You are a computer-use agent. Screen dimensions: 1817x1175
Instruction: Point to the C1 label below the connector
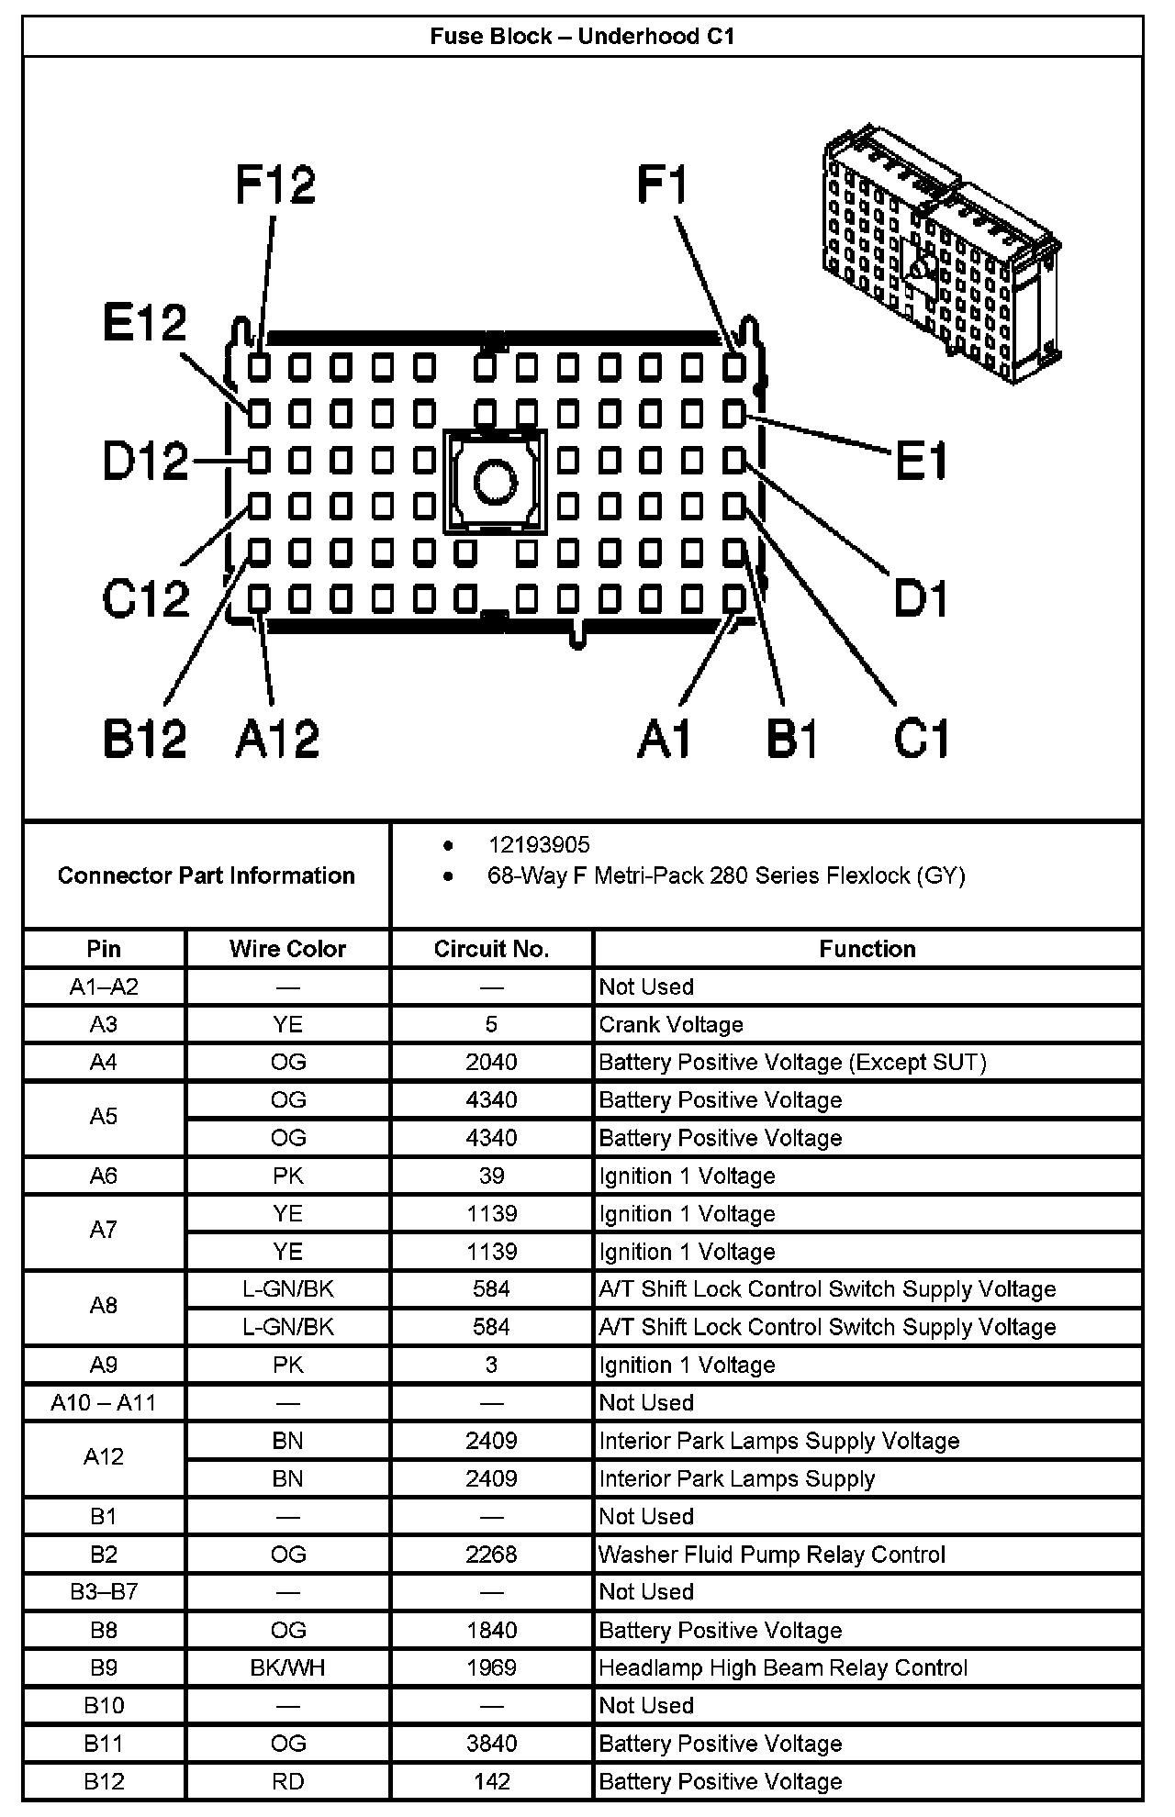click(x=921, y=738)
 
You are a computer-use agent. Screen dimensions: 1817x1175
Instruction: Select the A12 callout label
click(x=277, y=738)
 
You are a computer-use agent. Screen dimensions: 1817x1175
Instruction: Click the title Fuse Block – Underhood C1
click(x=583, y=37)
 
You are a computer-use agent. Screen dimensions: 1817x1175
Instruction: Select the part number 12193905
click(x=539, y=845)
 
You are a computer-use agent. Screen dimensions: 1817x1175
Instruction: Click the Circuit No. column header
click(x=491, y=949)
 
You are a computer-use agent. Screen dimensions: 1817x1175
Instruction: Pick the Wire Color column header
click(x=287, y=949)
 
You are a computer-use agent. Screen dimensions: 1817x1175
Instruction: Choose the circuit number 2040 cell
click(x=491, y=1063)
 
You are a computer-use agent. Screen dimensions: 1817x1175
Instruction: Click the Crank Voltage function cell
click(x=671, y=1025)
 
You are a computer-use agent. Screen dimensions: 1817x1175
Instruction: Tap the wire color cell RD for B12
click(x=287, y=1781)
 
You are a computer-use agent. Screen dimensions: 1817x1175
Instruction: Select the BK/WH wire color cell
click(x=287, y=1667)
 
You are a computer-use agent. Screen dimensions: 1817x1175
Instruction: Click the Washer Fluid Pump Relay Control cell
click(x=772, y=1555)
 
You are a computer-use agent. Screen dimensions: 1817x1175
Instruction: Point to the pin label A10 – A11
click(x=103, y=1403)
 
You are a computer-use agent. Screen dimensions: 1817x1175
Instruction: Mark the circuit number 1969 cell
click(x=491, y=1667)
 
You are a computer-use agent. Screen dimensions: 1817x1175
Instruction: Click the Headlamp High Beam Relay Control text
click(x=783, y=1667)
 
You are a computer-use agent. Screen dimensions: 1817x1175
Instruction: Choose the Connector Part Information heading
click(x=206, y=875)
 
